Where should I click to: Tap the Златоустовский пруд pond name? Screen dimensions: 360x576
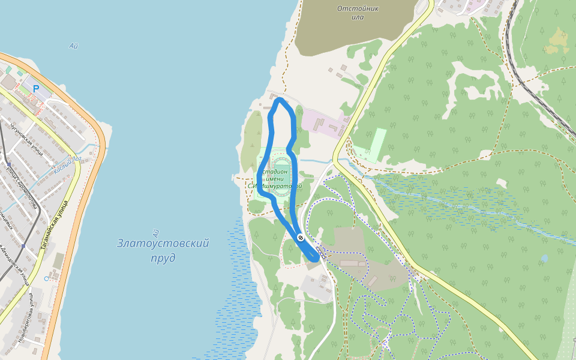point(163,251)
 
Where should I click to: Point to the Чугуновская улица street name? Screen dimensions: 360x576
point(26,139)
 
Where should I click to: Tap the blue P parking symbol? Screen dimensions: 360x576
point(36,89)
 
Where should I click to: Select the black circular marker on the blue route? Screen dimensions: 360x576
point(300,238)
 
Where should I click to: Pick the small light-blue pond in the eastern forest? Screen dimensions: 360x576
point(544,258)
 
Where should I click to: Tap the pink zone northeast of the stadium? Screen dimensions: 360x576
point(321,123)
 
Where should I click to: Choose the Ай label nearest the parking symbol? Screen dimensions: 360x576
point(74,46)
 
